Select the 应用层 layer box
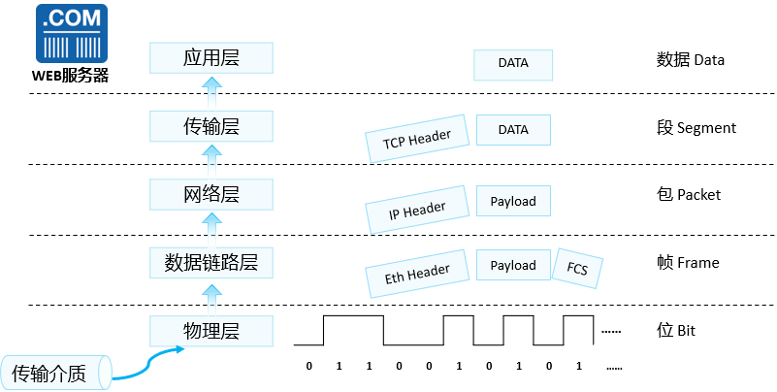tap(210, 59)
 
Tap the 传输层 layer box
tap(210, 127)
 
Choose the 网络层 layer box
tap(210, 195)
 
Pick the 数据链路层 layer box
tap(210, 263)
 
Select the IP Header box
tap(417, 209)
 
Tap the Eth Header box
tap(417, 275)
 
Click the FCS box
tap(578, 265)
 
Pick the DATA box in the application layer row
tap(513, 63)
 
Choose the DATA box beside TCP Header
tap(513, 130)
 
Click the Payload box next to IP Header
tap(513, 201)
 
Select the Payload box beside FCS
tap(513, 265)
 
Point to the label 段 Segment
tap(696, 127)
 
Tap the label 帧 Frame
tap(688, 263)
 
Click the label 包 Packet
tap(689, 195)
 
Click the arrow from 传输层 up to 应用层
tap(210, 93)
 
